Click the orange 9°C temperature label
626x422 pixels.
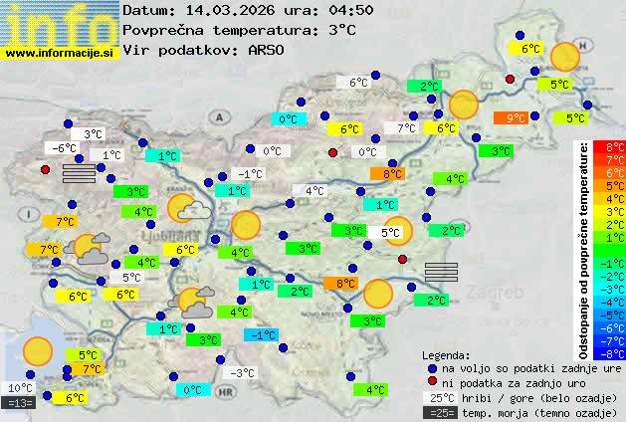[x=515, y=117]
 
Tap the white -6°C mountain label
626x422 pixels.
[x=65, y=148]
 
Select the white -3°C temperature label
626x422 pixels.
[x=242, y=373]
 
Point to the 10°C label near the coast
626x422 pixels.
[x=20, y=388]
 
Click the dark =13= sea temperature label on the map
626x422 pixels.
[x=20, y=403]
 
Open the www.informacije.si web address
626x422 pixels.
[x=59, y=54]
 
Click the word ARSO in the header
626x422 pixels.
[x=268, y=50]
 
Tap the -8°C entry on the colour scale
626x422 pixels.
[x=609, y=352]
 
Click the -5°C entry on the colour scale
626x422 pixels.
[x=609, y=315]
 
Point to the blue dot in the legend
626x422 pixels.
[x=433, y=368]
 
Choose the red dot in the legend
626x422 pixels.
[x=433, y=383]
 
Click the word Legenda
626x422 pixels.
[x=446, y=354]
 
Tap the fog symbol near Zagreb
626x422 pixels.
[x=441, y=273]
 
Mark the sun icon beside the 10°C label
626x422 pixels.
[x=38, y=350]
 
